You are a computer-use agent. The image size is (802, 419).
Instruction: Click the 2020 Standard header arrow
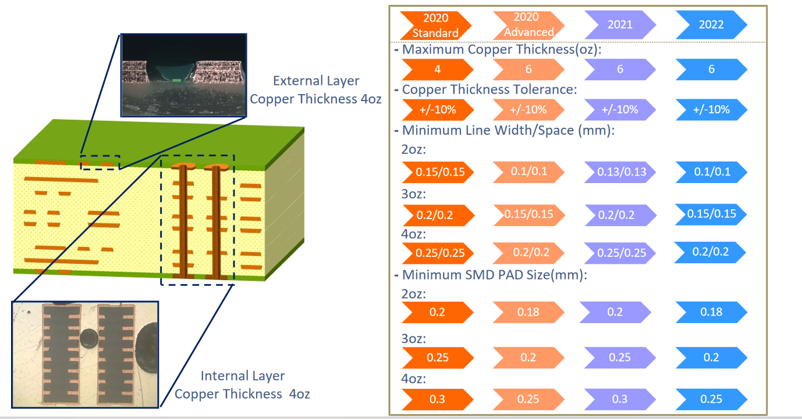point(436,25)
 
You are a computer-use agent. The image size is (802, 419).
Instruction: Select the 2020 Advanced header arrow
point(529,25)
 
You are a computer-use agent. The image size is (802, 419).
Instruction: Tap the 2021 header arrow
point(620,24)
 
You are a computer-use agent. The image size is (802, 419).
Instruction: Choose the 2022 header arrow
point(711,24)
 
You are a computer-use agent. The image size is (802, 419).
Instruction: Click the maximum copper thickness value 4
point(438,69)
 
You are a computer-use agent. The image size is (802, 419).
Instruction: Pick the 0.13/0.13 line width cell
point(620,172)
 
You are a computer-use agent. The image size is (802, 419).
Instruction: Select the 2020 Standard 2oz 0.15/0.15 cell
point(438,172)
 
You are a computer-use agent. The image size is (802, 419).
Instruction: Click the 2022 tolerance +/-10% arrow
point(711,109)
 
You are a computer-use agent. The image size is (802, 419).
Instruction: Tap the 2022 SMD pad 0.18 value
point(711,312)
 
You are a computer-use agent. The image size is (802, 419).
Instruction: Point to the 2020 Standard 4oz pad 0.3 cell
point(438,399)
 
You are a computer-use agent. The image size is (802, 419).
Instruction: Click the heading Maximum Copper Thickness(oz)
point(498,49)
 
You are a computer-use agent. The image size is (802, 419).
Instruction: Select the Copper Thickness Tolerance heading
point(486,89)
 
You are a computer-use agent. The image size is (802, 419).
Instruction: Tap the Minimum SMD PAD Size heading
point(491,275)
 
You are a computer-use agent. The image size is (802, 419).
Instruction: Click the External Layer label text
point(316,89)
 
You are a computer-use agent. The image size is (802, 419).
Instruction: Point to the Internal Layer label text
point(242,385)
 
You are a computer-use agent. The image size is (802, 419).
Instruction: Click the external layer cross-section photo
point(184,75)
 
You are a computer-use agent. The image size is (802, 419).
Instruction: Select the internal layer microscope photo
point(85,354)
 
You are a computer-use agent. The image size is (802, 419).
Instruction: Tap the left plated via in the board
point(183,221)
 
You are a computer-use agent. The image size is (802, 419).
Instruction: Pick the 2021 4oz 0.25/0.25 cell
point(620,253)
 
